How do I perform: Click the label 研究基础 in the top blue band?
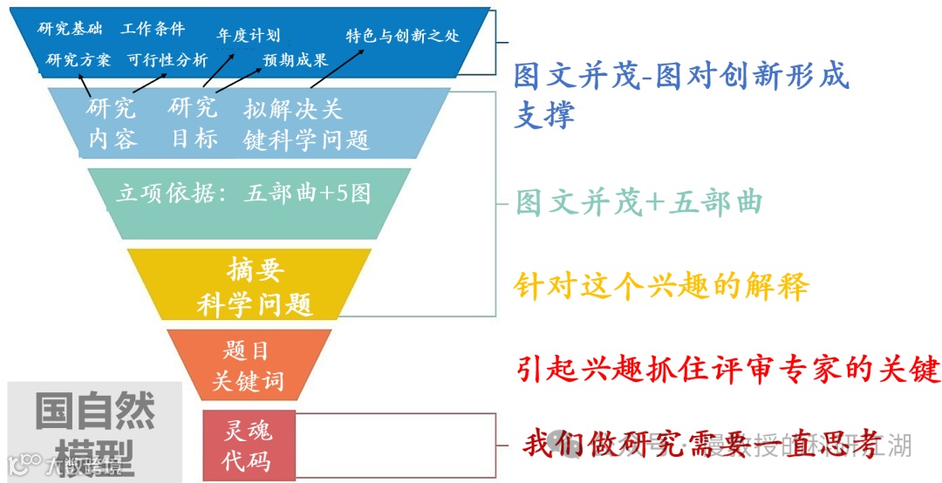click(70, 29)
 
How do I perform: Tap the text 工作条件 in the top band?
click(154, 29)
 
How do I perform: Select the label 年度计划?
click(249, 36)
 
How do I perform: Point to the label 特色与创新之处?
click(403, 36)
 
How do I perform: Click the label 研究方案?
click(78, 60)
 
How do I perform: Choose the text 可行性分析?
click(167, 60)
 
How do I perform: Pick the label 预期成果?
click(296, 60)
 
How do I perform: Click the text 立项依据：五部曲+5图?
click(243, 193)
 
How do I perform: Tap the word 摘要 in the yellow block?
click(255, 269)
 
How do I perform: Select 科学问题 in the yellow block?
click(254, 304)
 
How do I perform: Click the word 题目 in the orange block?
click(247, 350)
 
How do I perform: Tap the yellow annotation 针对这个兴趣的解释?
click(661, 285)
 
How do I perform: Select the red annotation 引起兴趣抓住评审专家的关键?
click(728, 369)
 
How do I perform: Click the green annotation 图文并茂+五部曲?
click(639, 202)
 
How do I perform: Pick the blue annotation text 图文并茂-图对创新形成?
click(680, 77)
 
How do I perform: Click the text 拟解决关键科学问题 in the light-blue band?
click(306, 124)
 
